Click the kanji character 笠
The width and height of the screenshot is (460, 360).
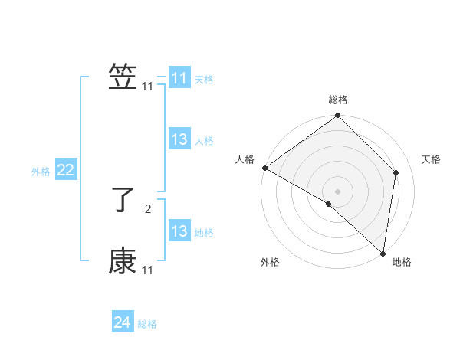pos(123,77)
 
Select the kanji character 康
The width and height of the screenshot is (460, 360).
pos(123,261)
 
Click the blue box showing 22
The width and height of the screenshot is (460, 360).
pos(65,171)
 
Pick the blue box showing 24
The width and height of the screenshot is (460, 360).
pos(122,322)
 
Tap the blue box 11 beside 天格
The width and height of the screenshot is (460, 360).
pos(179,78)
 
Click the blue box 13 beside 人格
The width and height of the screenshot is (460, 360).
pos(179,140)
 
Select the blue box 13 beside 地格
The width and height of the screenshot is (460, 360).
pos(179,232)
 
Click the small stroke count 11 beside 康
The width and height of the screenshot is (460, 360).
pos(148,270)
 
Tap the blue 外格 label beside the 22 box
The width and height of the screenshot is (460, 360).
pos(41,172)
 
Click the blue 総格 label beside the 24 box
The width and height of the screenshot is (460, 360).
pos(147,324)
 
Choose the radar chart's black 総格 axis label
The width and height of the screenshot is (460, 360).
pos(338,100)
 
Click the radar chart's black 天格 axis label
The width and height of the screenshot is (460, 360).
pos(432,159)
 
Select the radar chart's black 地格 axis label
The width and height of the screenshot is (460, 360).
pos(402,263)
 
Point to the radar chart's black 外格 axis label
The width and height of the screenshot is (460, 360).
pos(270,263)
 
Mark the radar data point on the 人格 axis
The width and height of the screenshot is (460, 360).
pos(264,168)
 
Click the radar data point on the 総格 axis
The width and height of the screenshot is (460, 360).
pos(338,116)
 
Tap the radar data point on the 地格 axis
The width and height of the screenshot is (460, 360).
pos(383,253)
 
